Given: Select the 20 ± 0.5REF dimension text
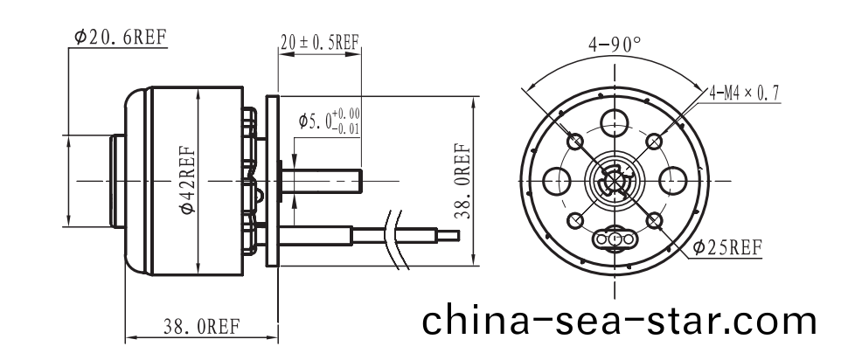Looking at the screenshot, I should tap(319, 42).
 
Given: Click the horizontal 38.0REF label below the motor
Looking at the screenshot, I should tap(201, 328).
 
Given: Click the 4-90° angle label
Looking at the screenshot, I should tap(615, 44).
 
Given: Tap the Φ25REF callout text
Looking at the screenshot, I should tap(726, 247).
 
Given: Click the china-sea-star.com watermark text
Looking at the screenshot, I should tap(619, 320).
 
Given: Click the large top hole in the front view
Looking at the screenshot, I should tap(615, 121).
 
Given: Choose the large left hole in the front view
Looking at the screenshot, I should tap(555, 181).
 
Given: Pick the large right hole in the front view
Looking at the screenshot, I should tap(674, 181).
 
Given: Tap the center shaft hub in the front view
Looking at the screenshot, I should tap(615, 181).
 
